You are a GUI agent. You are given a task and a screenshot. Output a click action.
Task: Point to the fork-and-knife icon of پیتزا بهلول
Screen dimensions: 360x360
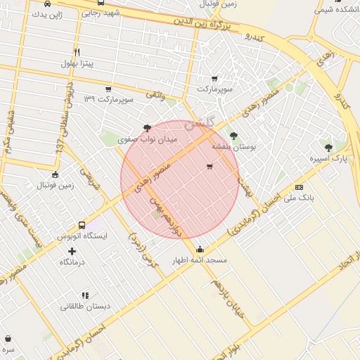click(x=77, y=52)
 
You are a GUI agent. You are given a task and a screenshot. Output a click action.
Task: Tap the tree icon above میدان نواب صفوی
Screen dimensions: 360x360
click(x=146, y=127)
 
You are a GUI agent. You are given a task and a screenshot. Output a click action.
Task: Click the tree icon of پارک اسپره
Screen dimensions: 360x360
click(x=329, y=147)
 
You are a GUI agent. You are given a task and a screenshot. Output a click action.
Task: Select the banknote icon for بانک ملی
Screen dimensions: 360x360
click(x=299, y=187)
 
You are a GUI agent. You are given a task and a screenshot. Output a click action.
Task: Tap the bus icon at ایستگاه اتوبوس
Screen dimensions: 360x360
click(x=82, y=226)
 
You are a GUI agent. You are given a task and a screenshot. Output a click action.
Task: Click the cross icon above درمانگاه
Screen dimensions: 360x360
click(x=72, y=251)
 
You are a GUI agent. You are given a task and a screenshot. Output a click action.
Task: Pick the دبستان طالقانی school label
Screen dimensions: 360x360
click(x=84, y=306)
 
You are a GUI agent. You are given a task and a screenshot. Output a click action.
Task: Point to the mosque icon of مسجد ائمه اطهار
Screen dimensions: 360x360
click(x=200, y=249)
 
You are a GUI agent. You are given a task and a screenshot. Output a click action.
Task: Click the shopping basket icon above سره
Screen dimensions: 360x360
click(x=8, y=339)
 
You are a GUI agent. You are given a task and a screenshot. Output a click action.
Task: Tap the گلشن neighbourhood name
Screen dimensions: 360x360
click(x=199, y=126)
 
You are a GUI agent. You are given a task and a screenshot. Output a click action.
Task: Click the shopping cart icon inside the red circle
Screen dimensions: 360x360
click(x=210, y=167)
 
